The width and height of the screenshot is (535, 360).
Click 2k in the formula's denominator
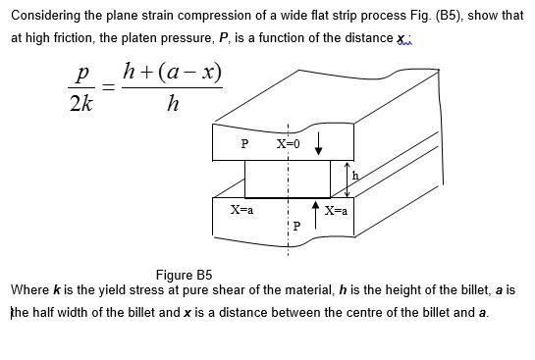tap(81, 106)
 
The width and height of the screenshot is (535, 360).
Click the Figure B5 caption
tap(184, 275)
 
